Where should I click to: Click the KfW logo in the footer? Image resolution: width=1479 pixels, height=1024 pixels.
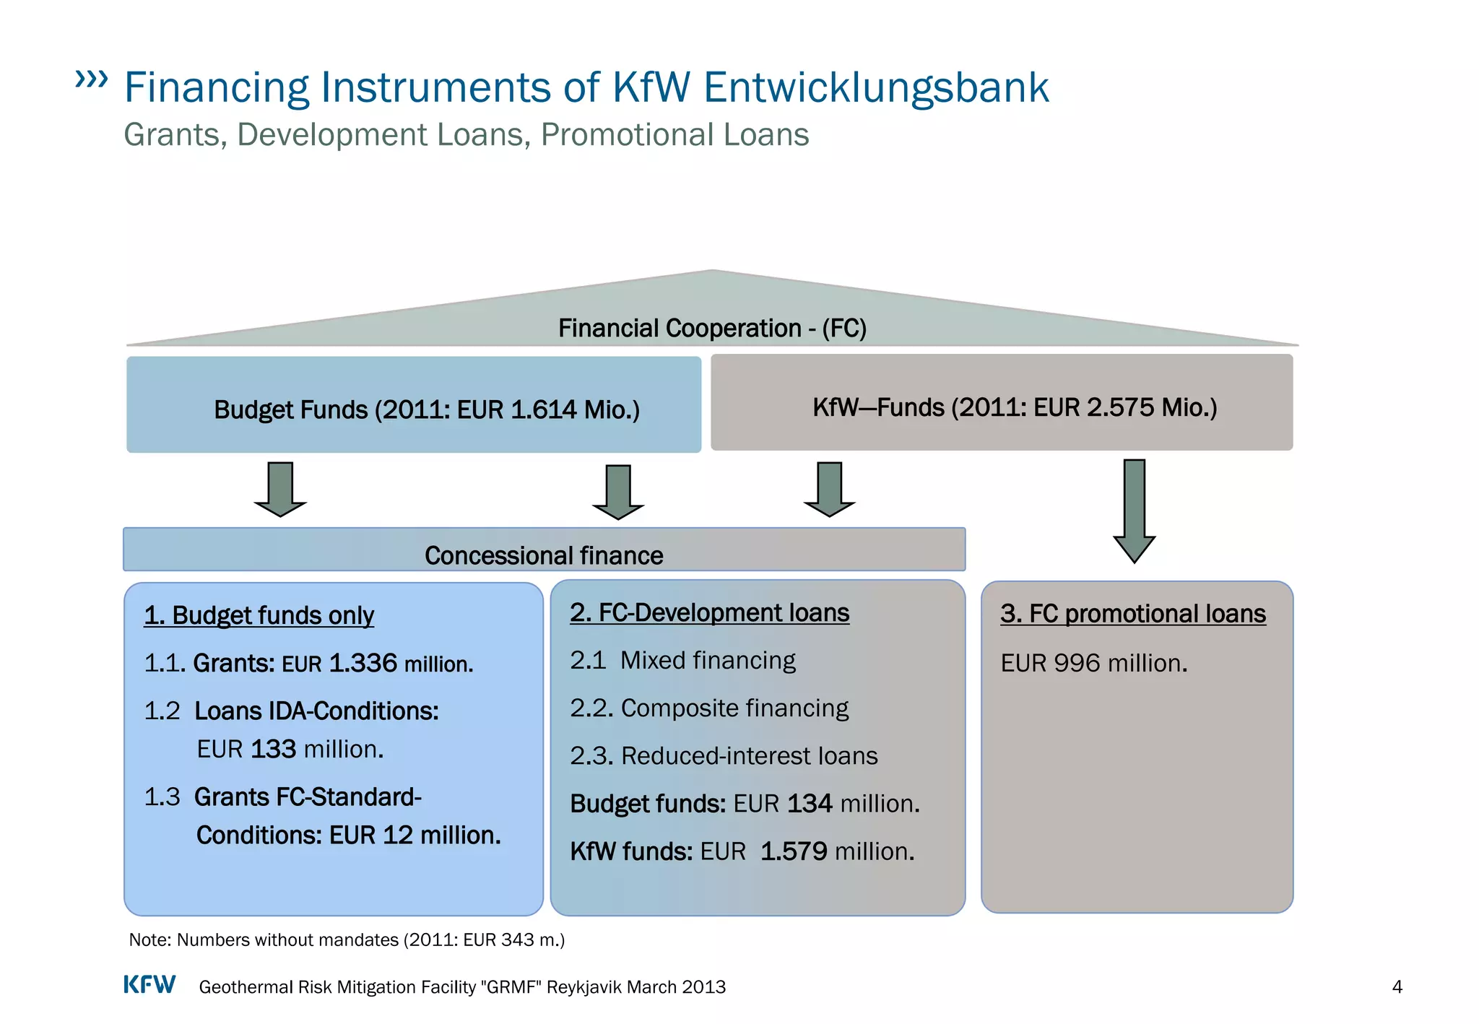pyautogui.click(x=149, y=985)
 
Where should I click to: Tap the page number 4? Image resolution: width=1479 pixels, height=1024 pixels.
pyautogui.click(x=1397, y=987)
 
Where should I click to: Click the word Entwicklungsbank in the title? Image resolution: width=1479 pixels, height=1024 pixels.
pyautogui.click(x=875, y=87)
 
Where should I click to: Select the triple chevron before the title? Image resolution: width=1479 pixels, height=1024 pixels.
pyautogui.click(x=92, y=79)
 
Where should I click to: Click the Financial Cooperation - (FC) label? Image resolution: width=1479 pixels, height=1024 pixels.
pyautogui.click(x=712, y=328)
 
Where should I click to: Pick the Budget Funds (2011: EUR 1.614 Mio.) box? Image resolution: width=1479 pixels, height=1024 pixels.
pyautogui.click(x=414, y=405)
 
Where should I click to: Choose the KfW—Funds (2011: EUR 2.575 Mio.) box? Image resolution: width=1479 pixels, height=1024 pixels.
pyautogui.click(x=1002, y=402)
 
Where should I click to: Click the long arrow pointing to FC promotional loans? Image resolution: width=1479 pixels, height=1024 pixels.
pyautogui.click(x=1134, y=509)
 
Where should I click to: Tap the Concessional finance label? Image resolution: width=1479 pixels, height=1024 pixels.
pyautogui.click(x=544, y=555)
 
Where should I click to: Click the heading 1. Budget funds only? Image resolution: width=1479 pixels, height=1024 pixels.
pyautogui.click(x=259, y=615)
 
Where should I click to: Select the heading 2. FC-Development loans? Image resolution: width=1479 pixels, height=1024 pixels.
pyautogui.click(x=709, y=612)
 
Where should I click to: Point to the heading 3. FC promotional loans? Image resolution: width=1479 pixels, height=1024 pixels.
pyautogui.click(x=1132, y=614)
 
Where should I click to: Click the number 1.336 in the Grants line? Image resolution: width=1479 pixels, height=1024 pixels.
pyautogui.click(x=363, y=663)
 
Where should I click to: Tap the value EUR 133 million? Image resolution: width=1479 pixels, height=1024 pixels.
pyautogui.click(x=290, y=750)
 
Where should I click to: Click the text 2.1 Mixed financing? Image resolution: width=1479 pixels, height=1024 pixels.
pyautogui.click(x=682, y=660)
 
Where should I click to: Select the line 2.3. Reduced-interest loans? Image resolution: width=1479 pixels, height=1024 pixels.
pyautogui.click(x=724, y=755)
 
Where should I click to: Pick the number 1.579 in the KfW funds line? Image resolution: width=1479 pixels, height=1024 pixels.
pyautogui.click(x=794, y=851)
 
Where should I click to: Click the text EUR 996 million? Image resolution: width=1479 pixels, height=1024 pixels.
pyautogui.click(x=1093, y=663)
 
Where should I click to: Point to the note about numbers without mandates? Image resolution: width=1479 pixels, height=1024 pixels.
pyautogui.click(x=347, y=940)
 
